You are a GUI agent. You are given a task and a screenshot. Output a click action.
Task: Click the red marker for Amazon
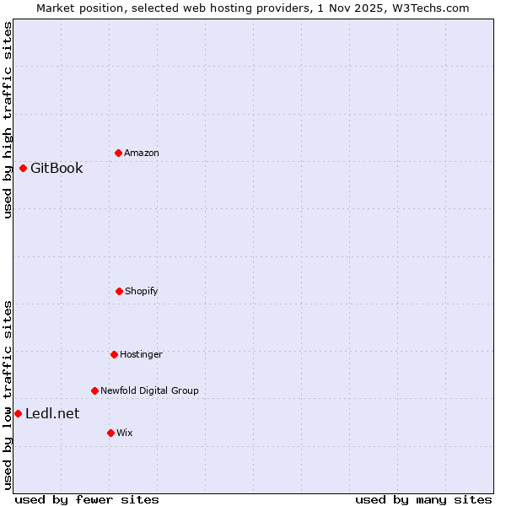click(118, 153)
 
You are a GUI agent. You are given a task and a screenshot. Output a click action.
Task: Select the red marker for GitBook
click(23, 168)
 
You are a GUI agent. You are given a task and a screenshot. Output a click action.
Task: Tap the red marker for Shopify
click(119, 291)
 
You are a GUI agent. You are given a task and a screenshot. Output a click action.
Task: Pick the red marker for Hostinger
click(114, 354)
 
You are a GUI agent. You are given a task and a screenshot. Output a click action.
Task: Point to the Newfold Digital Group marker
click(94, 390)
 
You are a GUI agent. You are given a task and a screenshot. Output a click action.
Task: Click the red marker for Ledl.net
click(18, 413)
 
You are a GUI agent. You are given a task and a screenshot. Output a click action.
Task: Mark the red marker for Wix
click(110, 433)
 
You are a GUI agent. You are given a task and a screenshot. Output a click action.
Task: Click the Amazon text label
click(142, 153)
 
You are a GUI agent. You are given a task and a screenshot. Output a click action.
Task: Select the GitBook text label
click(57, 168)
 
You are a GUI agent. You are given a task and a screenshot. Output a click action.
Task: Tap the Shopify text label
click(142, 291)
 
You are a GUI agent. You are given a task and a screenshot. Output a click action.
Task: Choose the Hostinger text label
click(141, 354)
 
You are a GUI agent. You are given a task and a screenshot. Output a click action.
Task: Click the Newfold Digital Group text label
click(149, 390)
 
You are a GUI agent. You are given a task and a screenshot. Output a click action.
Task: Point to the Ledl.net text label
click(52, 413)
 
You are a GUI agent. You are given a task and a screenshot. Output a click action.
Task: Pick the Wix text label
click(125, 433)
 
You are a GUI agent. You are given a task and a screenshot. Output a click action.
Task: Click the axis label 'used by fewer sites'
click(87, 499)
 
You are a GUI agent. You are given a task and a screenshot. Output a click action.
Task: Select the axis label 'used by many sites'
click(423, 499)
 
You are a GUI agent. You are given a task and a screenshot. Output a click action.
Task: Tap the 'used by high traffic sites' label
click(8, 120)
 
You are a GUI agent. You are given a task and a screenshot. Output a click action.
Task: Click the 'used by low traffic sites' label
click(8, 395)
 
